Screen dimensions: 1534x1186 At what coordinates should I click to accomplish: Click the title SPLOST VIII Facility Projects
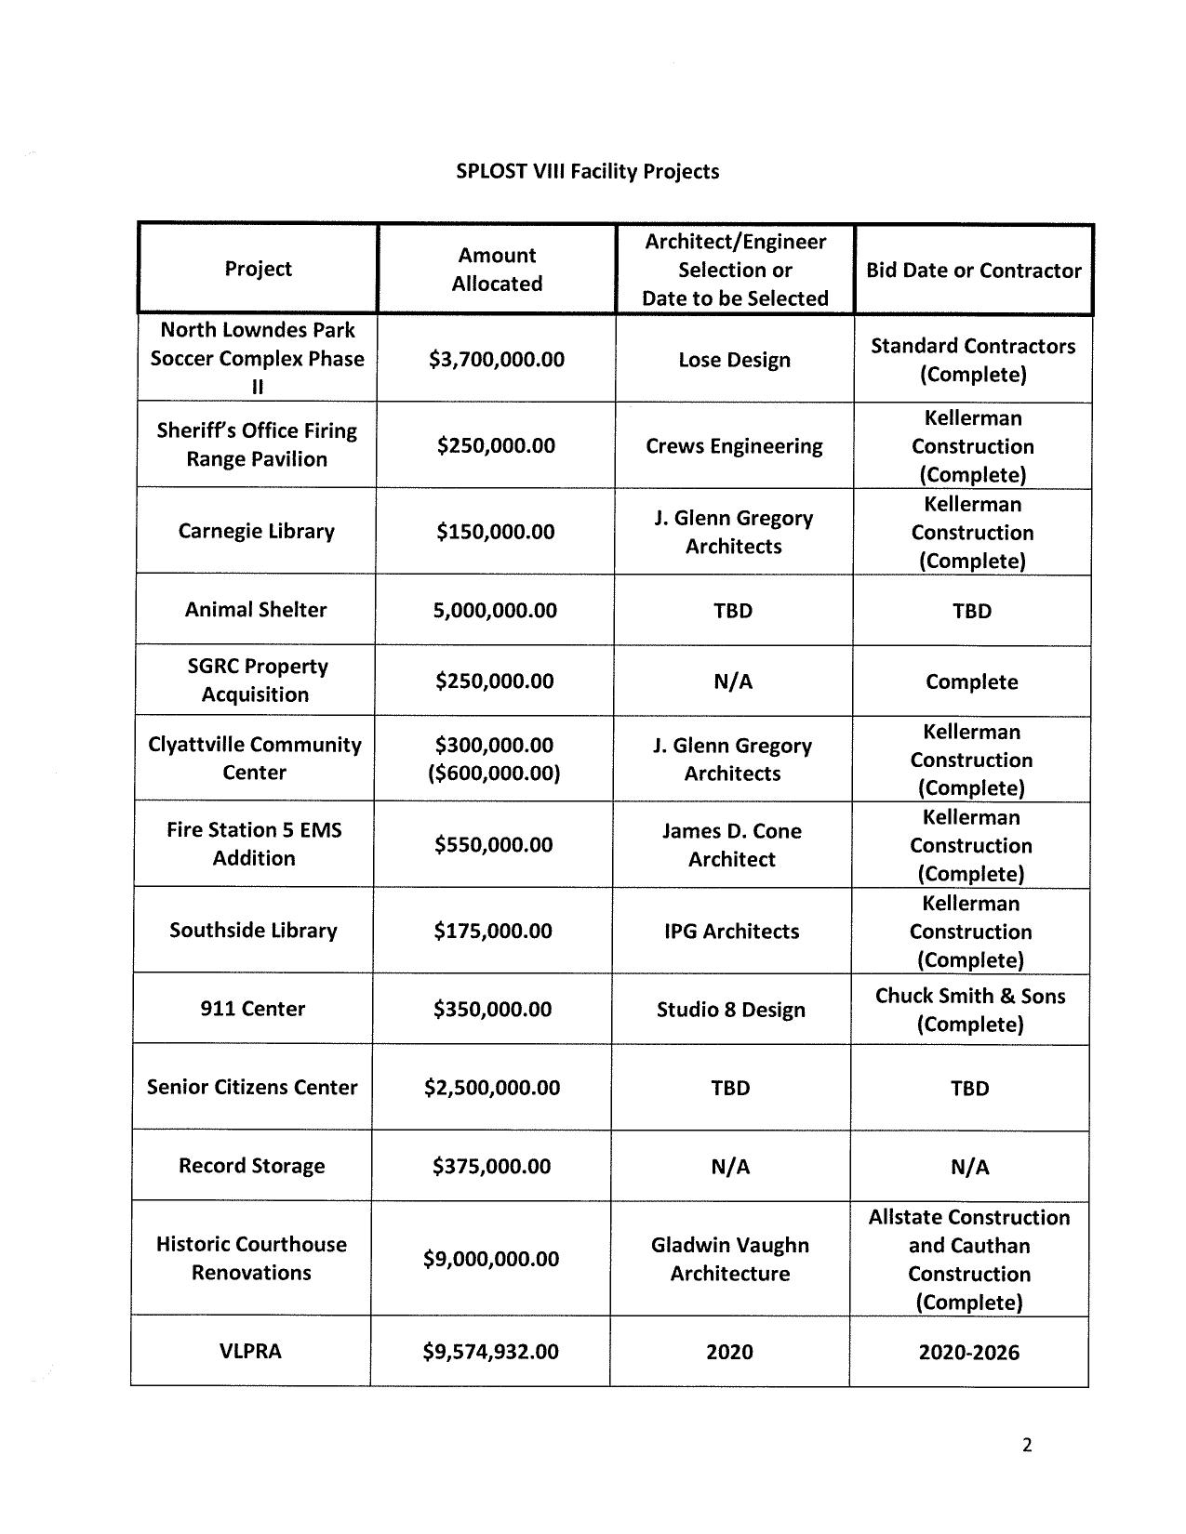point(587,172)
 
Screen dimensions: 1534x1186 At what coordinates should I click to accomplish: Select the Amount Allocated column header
point(497,270)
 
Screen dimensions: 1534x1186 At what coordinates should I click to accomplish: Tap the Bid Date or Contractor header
point(973,271)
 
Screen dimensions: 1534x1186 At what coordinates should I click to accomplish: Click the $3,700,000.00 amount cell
point(496,360)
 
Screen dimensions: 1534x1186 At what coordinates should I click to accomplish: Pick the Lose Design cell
point(734,360)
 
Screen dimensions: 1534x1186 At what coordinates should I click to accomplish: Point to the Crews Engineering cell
point(734,446)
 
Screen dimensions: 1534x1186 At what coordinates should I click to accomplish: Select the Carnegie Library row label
point(256,532)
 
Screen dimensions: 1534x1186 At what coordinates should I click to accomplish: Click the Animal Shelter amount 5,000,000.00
point(495,611)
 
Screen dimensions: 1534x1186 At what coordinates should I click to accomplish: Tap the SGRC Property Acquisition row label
point(256,681)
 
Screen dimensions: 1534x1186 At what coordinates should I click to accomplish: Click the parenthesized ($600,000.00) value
point(494,774)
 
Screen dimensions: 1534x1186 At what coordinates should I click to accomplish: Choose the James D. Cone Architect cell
point(731,845)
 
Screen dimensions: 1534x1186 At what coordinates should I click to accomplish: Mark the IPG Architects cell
point(731,932)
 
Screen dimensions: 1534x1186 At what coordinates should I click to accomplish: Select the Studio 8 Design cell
point(730,1010)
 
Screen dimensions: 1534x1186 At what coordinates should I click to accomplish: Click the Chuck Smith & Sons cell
point(970,1010)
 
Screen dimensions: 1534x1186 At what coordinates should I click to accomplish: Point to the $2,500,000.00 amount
point(492,1088)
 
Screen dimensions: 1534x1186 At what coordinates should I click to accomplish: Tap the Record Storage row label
point(252,1166)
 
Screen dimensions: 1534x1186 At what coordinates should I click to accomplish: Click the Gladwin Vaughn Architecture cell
point(729,1259)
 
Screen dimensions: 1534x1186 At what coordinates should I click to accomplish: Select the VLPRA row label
point(250,1351)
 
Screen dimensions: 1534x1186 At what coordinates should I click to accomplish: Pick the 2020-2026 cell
point(968,1353)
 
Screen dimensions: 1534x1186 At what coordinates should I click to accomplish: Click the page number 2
point(1027,1445)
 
